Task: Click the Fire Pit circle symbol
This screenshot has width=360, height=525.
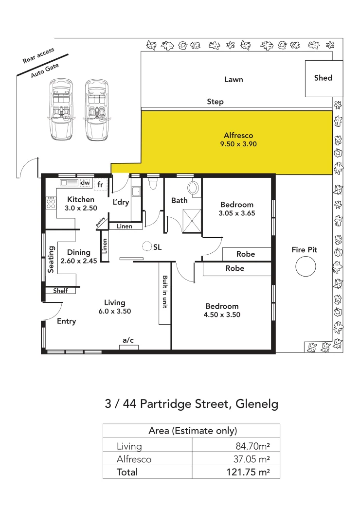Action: point(306,266)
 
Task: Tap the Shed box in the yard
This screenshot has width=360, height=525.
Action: point(323,78)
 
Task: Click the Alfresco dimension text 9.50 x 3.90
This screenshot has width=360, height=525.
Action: point(238,144)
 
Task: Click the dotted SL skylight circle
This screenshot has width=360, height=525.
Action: point(146,246)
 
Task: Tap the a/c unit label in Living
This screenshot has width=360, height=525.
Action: point(128,340)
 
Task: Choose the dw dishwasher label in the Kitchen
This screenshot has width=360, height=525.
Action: point(85,183)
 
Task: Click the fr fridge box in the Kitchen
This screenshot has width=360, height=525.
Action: point(100,185)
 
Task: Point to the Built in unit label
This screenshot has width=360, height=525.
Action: point(165,293)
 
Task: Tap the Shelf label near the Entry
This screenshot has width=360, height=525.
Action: point(60,291)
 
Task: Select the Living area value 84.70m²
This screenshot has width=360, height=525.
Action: point(252,446)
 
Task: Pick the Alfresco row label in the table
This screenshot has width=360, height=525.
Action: point(134,459)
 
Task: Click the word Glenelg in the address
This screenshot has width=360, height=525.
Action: point(257,404)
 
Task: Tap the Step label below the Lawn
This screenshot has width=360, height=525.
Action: point(216,102)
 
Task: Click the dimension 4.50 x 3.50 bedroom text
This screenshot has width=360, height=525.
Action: point(222,315)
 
